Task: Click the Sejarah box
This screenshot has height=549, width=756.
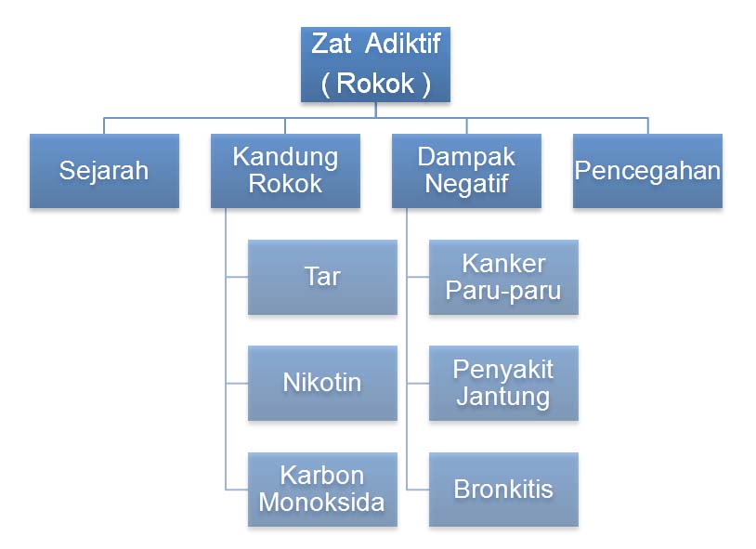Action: [104, 171]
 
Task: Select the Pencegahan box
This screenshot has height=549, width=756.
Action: [647, 171]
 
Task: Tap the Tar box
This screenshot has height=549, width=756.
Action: [322, 277]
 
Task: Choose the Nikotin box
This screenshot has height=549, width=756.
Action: [322, 383]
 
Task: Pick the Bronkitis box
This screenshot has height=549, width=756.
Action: [503, 490]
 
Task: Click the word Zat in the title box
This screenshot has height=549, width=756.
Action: [332, 45]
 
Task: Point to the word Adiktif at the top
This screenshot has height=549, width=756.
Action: [401, 45]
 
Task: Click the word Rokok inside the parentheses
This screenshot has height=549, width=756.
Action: [376, 84]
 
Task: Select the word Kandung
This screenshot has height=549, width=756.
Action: [285, 157]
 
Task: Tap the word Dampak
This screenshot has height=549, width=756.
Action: [466, 157]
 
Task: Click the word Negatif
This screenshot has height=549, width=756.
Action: [466, 184]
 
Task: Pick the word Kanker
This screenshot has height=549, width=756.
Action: [503, 264]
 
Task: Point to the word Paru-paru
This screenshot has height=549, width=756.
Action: [503, 290]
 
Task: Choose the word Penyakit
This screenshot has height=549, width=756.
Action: [503, 370]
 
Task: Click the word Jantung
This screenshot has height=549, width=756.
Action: [503, 397]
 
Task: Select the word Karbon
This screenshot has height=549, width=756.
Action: [322, 476]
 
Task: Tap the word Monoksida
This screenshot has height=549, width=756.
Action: [322, 503]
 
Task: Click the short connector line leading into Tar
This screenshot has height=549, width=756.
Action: [237, 277]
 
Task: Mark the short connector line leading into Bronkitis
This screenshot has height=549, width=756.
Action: [418, 490]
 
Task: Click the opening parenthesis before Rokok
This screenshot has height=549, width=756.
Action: [326, 84]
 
